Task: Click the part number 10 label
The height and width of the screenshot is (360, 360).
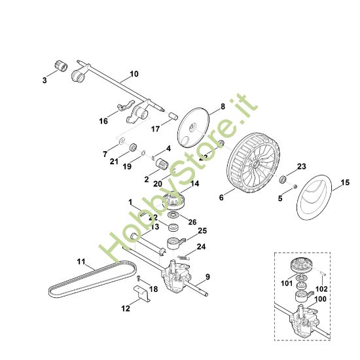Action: click(x=134, y=74)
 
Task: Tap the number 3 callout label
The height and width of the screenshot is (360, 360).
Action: click(x=45, y=80)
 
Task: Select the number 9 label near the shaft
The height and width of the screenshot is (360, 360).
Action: click(x=207, y=278)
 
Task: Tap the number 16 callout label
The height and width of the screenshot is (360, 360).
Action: click(x=103, y=121)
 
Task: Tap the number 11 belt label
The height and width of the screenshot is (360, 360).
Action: click(x=81, y=262)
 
